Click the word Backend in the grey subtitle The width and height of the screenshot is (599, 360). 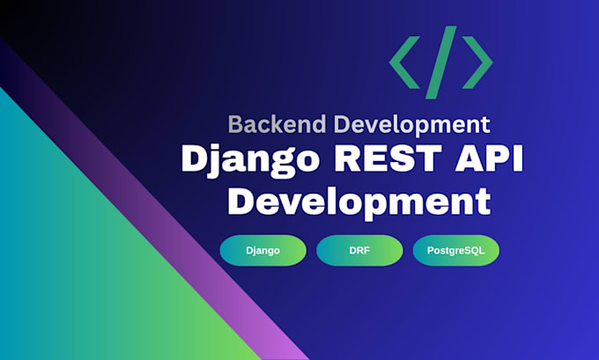[x=277, y=124]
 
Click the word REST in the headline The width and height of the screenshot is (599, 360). [x=388, y=158]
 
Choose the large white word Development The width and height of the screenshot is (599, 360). [x=359, y=202]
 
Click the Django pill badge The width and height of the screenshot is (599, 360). [x=263, y=251]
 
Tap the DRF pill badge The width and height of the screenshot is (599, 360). [x=359, y=251]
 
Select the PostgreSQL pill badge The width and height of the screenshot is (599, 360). [x=456, y=251]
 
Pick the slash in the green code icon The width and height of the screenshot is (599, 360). [x=441, y=62]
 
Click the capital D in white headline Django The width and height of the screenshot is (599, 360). [x=196, y=158]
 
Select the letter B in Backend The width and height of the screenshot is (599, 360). [x=235, y=124]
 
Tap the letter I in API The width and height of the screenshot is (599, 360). [x=518, y=158]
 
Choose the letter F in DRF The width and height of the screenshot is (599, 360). [x=366, y=251]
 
